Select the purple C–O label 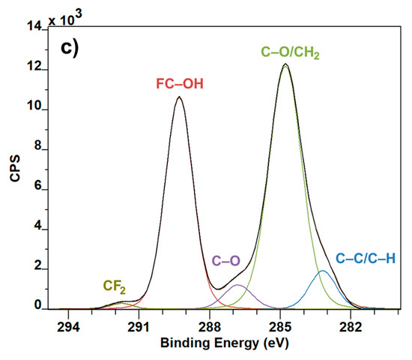tap(226, 261)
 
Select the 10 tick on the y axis tap(36, 110)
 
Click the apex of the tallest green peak tap(285, 65)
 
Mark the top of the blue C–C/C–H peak tap(323, 271)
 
